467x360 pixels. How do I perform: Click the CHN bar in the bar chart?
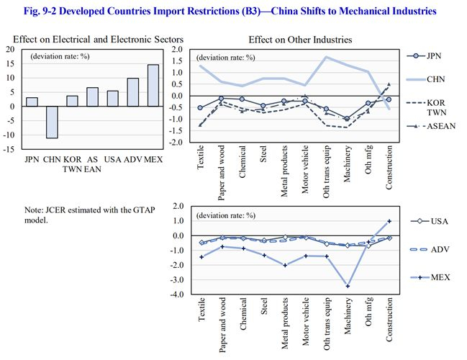pos(52,122)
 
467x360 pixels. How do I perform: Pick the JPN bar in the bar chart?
pos(32,102)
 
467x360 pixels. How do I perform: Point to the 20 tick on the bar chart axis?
pos(12,49)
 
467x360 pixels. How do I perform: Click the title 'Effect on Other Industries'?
pos(300,40)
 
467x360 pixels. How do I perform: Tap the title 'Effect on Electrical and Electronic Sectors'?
pos(97,37)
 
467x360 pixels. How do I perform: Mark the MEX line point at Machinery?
pos(348,286)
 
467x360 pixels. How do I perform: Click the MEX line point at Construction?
pos(389,221)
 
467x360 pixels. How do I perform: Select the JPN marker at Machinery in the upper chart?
pos(348,119)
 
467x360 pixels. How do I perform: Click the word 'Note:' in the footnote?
pos(34,210)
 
